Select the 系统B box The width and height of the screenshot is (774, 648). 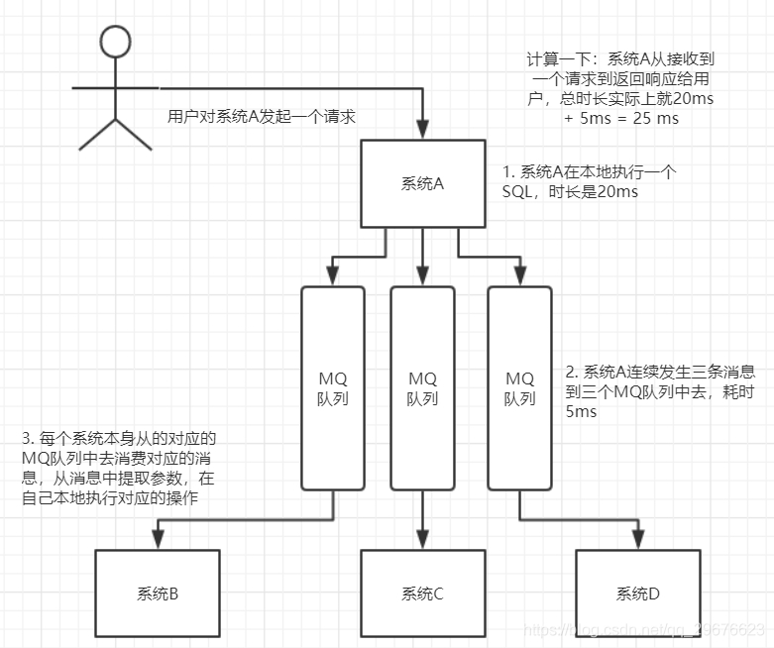point(157,594)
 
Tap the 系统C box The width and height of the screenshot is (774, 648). point(422,594)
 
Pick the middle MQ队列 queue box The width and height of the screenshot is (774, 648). point(422,387)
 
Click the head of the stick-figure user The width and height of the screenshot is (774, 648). point(116,41)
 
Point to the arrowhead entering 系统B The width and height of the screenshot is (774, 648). point(156,541)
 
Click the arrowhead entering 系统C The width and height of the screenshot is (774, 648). point(423,541)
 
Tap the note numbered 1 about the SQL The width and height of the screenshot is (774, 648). point(590,181)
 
